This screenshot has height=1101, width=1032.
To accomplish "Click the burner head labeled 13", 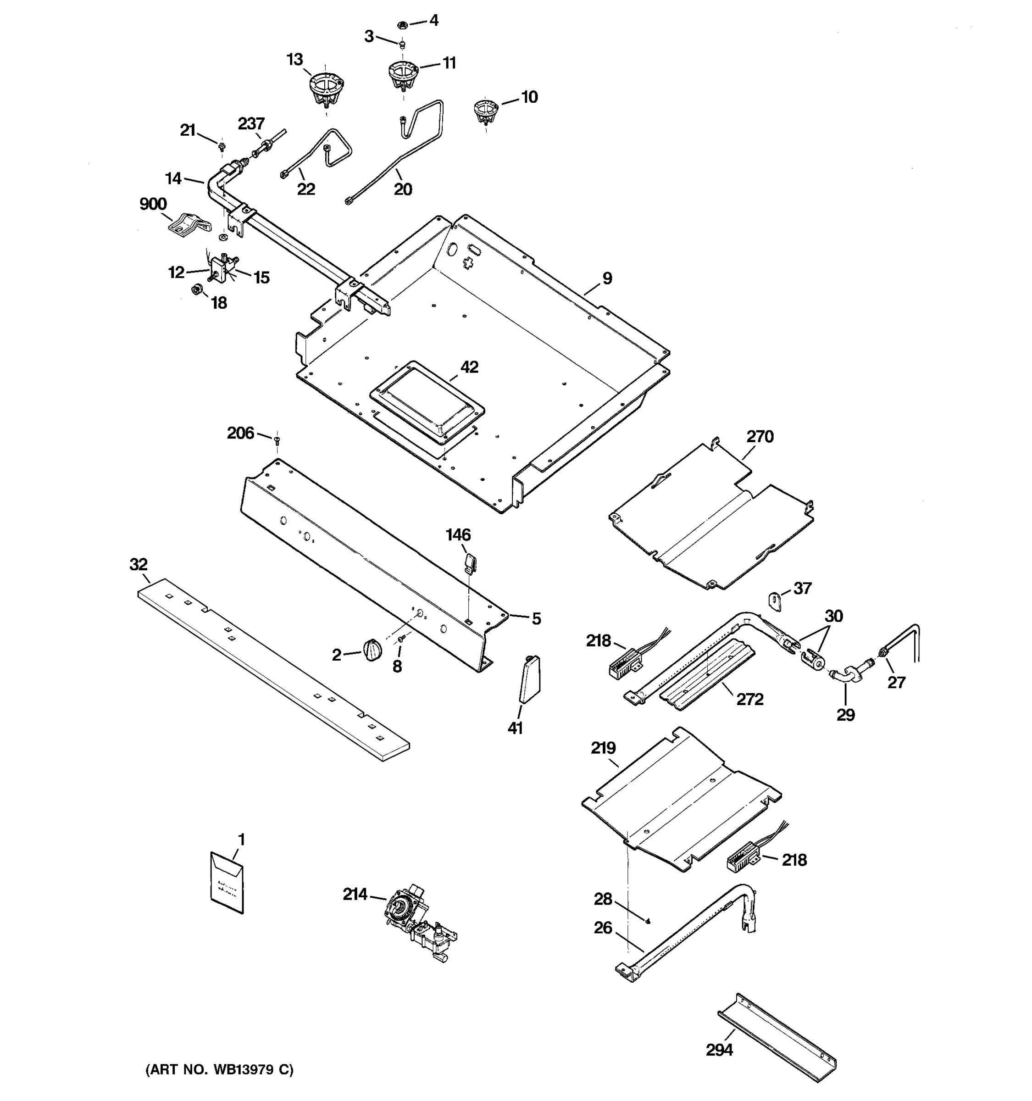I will [x=325, y=89].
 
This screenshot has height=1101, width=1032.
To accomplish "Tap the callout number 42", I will [x=470, y=367].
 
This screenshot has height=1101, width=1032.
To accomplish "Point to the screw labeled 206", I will [x=277, y=440].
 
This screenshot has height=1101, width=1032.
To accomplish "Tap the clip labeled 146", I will [x=470, y=563].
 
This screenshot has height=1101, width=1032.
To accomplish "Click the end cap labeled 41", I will [x=530, y=678].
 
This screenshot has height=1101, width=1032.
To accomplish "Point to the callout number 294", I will [x=719, y=1050].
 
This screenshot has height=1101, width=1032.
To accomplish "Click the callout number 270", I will [x=760, y=437].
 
